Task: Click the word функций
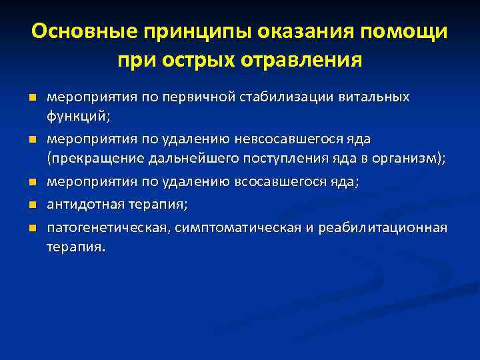(75, 118)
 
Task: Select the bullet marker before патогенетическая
(31, 229)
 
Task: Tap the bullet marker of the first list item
(31, 98)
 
